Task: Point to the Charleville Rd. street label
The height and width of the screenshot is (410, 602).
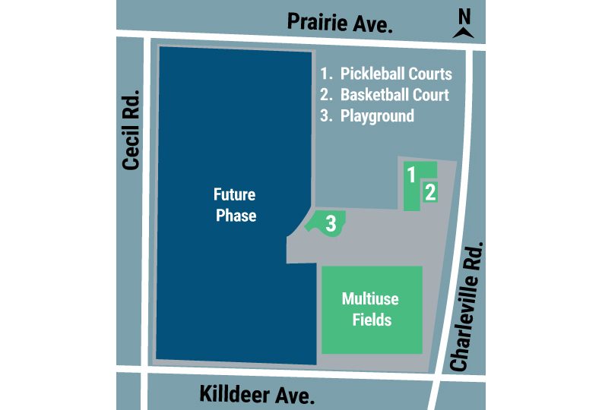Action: pos(469,307)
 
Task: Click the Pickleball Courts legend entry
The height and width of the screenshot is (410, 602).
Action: pos(386,74)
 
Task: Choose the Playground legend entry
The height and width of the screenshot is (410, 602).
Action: pos(368,116)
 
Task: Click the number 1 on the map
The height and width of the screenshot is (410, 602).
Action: pos(411,175)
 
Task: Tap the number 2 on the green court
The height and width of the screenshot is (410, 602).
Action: pos(429,192)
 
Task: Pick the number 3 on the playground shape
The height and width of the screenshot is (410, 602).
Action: pos(331,223)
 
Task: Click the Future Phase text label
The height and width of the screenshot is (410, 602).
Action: pos(236,205)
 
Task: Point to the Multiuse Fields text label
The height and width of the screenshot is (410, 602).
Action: pos(371,308)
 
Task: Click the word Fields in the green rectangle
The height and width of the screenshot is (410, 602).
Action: pos(372,319)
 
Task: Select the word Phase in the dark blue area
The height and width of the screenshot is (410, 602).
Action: pos(236,216)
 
